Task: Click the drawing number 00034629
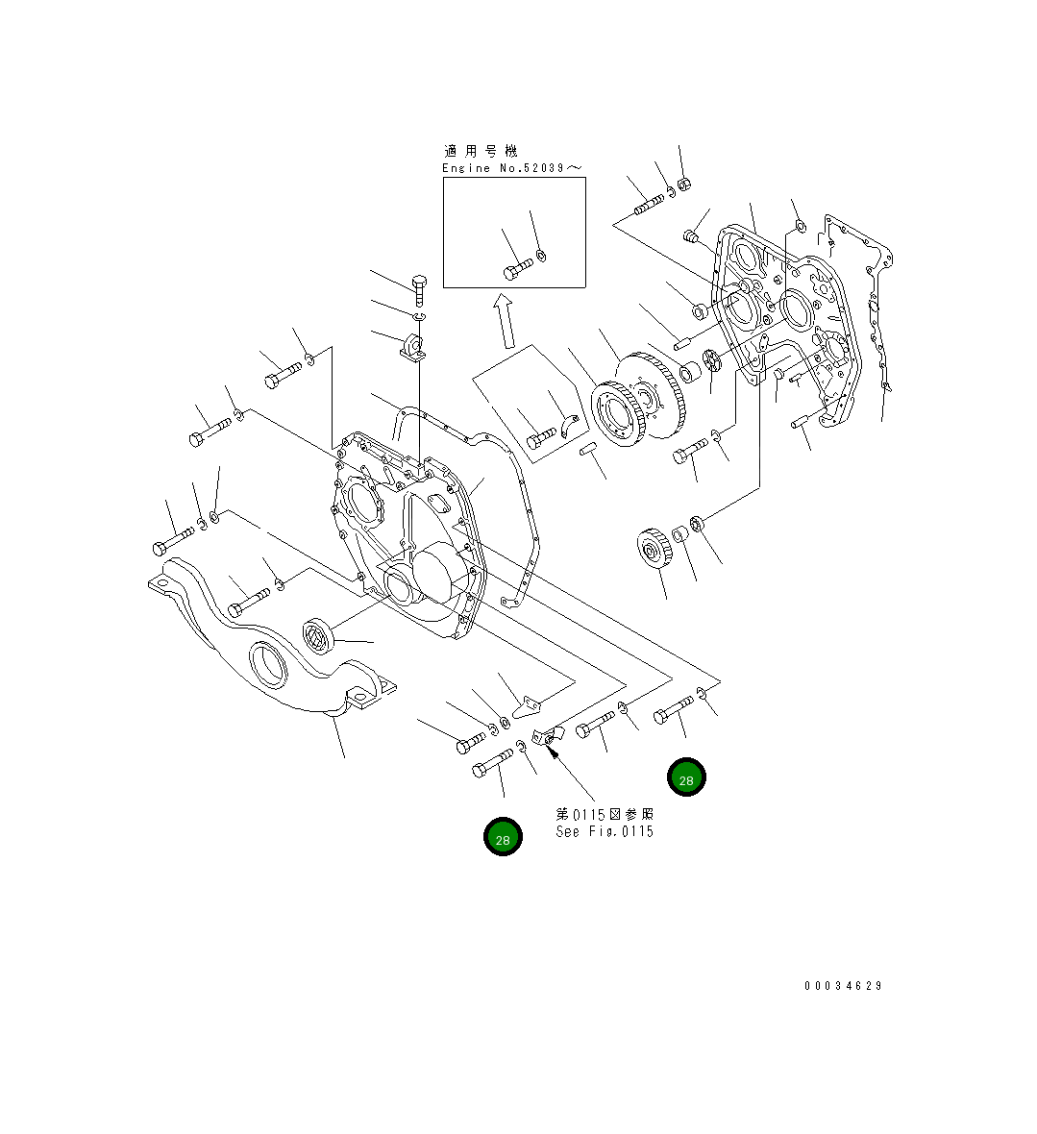pos(843,986)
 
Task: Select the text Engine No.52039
pos(511,168)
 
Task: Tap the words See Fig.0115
pos(604,832)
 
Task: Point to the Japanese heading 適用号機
pos(481,151)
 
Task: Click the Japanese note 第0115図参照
pos(605,814)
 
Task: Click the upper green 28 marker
pos(686,777)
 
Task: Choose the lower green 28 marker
pos(503,837)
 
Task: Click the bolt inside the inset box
pos(517,268)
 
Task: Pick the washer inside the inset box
pos(541,256)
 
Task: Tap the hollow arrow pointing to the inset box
pos(503,321)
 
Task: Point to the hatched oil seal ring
pos(317,635)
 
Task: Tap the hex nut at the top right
pos(685,185)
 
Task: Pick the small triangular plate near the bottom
pos(525,707)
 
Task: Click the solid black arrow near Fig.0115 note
pos(552,752)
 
